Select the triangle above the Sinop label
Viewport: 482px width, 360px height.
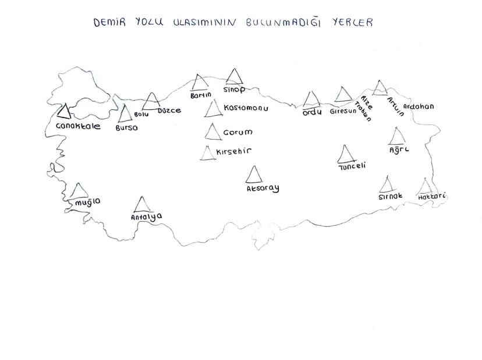tap(235, 77)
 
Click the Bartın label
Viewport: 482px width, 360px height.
tap(200, 95)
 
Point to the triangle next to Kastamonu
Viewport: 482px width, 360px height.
tap(213, 108)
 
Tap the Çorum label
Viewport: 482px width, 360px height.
tap(237, 133)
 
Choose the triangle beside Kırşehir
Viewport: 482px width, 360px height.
tap(207, 153)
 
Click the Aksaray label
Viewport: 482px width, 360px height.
tap(263, 188)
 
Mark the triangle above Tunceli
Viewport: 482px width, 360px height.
tap(346, 154)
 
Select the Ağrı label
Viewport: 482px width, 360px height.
tap(399, 149)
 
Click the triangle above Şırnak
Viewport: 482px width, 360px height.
tap(386, 185)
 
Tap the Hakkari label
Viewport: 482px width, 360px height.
tap(432, 197)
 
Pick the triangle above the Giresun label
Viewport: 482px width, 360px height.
tap(343, 95)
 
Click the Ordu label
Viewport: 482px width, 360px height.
tap(312, 112)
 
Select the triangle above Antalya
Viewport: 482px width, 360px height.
tap(142, 204)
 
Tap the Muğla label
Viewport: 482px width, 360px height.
tap(87, 202)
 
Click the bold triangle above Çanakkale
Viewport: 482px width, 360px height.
tap(64, 111)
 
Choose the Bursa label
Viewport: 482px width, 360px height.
tap(127, 127)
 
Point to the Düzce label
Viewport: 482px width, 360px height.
tap(169, 110)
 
